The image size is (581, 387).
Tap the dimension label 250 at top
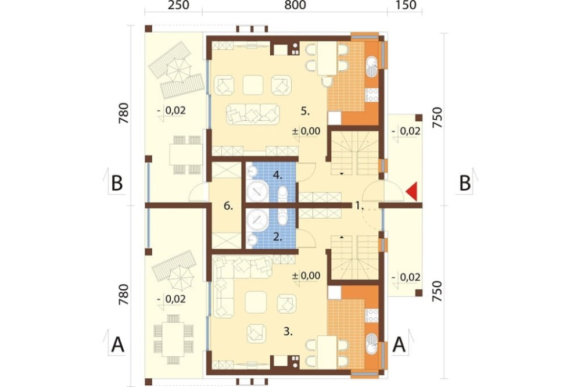point(178,5)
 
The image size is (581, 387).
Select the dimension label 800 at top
point(295,5)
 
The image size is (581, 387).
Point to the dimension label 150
point(406,5)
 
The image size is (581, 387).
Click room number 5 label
point(305,111)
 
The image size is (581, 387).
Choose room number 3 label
point(288,332)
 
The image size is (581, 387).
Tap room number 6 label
point(228,206)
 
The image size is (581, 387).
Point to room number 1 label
point(358,205)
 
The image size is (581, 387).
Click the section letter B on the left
point(117,182)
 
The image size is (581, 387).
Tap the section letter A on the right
point(399,345)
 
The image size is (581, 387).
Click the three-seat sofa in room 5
point(253,114)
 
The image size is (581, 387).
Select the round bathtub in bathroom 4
point(257,192)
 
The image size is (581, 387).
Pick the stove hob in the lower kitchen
point(372,315)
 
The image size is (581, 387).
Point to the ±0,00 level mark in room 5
point(306,131)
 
